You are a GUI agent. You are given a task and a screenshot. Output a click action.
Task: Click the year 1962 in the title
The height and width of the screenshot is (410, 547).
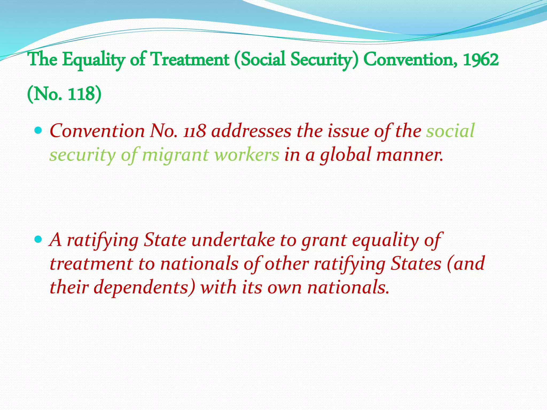pyautogui.click(x=480, y=59)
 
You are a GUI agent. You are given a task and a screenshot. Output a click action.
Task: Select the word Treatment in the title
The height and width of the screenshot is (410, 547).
pyautogui.click(x=190, y=59)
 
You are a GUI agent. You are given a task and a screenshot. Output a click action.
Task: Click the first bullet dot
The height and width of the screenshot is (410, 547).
pyautogui.click(x=38, y=131)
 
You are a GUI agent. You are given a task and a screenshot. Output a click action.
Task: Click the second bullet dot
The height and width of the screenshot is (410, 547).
pyautogui.click(x=38, y=239)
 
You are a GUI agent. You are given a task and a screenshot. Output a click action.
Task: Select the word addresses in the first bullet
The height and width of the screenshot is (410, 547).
pyautogui.click(x=251, y=131)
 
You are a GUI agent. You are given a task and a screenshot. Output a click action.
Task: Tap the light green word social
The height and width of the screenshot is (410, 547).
pyautogui.click(x=450, y=131)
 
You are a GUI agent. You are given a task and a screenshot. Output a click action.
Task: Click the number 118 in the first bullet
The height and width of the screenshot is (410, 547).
pyautogui.click(x=194, y=131)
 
